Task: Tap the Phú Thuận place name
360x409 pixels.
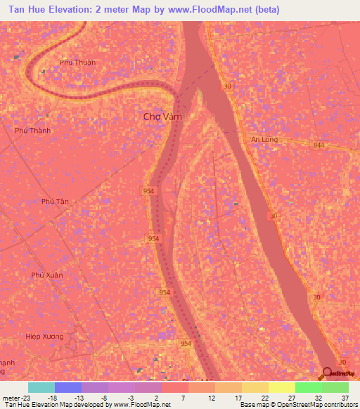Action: point(77,62)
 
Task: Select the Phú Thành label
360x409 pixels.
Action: point(32,130)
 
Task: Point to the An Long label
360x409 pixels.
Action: point(265,139)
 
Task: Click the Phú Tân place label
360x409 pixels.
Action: point(56,201)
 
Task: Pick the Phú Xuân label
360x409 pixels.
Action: point(47,275)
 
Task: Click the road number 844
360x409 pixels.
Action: point(320,145)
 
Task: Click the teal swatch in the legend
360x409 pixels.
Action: point(41,387)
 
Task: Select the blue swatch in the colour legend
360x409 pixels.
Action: point(68,387)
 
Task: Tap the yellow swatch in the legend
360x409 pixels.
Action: point(281,387)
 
